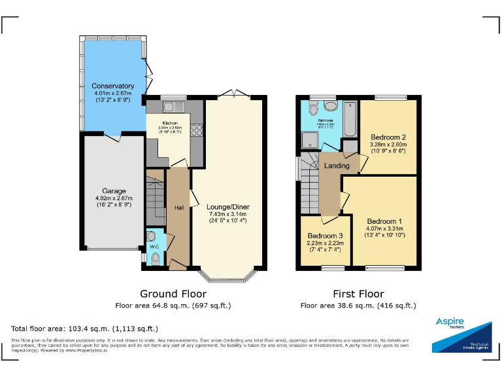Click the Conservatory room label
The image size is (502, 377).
pos(113,86)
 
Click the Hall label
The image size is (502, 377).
pos(178,207)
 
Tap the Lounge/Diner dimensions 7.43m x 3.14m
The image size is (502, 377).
pos(228,214)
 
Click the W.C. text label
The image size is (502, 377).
pos(154,247)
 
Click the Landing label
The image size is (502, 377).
pos(337,166)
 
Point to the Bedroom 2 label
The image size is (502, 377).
pos(388,137)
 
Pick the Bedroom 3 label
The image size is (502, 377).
pos(325,236)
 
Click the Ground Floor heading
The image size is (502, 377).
pos(173,294)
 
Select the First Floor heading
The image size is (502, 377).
pos(358,294)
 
